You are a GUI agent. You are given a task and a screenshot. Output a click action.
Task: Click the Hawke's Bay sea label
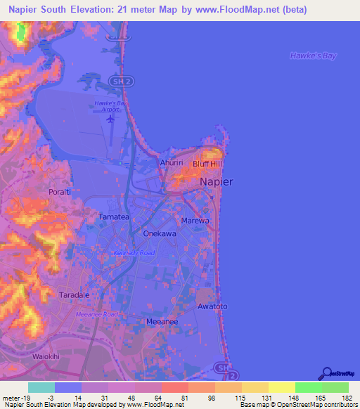pyautogui.click(x=314, y=56)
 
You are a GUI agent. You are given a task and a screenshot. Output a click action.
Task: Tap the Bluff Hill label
pyautogui.click(x=207, y=162)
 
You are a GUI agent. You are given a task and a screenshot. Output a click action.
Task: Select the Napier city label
pyautogui.click(x=217, y=181)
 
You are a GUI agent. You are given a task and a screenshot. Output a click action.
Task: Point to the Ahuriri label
pyautogui.click(x=172, y=162)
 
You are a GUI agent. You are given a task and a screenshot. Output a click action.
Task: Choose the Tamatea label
pyautogui.click(x=114, y=217)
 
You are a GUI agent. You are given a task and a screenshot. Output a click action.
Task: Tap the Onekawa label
pyautogui.click(x=159, y=233)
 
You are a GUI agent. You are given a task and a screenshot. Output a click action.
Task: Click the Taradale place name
pyautogui.click(x=75, y=295)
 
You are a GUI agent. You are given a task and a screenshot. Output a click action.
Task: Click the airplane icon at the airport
pyautogui.click(x=110, y=118)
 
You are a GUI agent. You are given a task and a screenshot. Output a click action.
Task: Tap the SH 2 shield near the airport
pyautogui.click(x=121, y=82)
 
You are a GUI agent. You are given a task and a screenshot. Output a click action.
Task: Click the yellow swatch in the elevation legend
pyautogui.click(x=282, y=387)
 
